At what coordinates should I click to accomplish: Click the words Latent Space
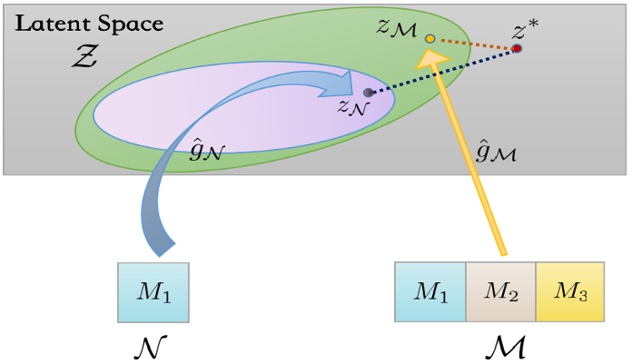click(88, 24)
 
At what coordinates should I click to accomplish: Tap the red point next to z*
click(517, 48)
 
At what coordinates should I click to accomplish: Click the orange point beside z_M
click(430, 39)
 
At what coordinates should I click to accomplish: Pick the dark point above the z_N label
click(368, 93)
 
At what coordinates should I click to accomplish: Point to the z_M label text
click(397, 28)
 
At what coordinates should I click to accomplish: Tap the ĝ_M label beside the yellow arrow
click(498, 152)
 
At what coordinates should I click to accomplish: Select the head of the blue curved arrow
click(345, 86)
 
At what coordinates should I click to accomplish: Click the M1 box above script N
click(153, 292)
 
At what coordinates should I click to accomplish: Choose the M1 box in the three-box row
click(430, 292)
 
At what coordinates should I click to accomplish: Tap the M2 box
click(500, 292)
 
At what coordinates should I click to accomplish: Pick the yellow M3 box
click(569, 292)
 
